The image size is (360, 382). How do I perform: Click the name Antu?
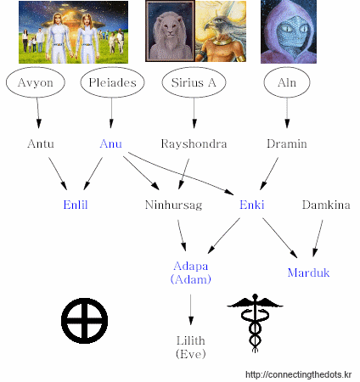(x=41, y=143)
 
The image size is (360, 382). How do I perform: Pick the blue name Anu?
(x=111, y=143)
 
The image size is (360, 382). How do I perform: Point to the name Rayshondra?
(x=194, y=143)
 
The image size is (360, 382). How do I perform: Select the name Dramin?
(x=287, y=143)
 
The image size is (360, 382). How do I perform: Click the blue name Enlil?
(x=76, y=205)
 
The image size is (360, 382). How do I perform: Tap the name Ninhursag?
(x=173, y=205)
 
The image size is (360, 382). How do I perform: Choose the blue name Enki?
(x=252, y=205)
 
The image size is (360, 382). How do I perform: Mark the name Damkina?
(x=326, y=205)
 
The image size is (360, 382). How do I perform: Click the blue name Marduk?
(x=308, y=272)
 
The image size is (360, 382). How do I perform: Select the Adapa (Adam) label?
(x=191, y=272)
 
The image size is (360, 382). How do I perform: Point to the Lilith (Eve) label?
(x=191, y=347)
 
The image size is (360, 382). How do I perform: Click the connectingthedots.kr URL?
(x=299, y=374)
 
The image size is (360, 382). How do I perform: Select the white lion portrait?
(x=170, y=31)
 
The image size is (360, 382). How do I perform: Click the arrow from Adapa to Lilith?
(x=191, y=310)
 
